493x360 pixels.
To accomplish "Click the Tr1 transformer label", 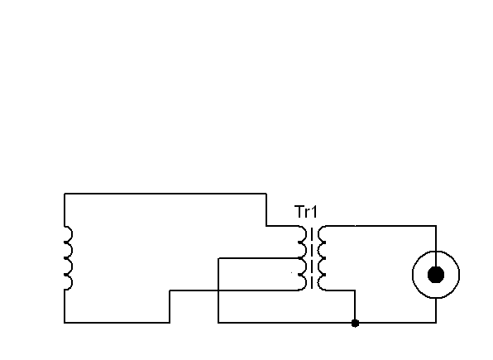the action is [306, 212].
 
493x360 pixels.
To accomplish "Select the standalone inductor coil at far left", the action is [69, 257].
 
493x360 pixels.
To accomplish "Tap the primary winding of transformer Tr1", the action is [302, 258].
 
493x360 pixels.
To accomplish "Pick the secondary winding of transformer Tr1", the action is [322, 258].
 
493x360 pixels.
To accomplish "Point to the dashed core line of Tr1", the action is [312, 258].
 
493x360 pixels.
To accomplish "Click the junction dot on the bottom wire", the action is [355, 323].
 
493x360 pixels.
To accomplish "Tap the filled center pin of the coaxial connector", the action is [436, 275].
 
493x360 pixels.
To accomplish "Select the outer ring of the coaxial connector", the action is [413, 275].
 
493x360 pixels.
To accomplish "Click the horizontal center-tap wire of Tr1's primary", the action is [258, 258].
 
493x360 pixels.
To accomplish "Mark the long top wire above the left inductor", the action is [165, 194].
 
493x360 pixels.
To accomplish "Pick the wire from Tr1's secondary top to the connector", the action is [381, 226].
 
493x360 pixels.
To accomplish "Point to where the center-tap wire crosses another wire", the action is [218, 290].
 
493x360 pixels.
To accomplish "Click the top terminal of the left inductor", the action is [65, 226].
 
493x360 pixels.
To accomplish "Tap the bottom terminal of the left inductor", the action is [65, 290].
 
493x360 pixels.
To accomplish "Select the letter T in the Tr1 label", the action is [299, 212].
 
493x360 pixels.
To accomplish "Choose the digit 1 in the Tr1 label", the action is [314, 212].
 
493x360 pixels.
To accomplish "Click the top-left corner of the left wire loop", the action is [65, 194].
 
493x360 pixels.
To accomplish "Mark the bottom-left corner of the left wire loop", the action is [65, 323].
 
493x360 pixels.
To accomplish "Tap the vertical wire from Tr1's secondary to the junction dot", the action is [355, 306].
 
